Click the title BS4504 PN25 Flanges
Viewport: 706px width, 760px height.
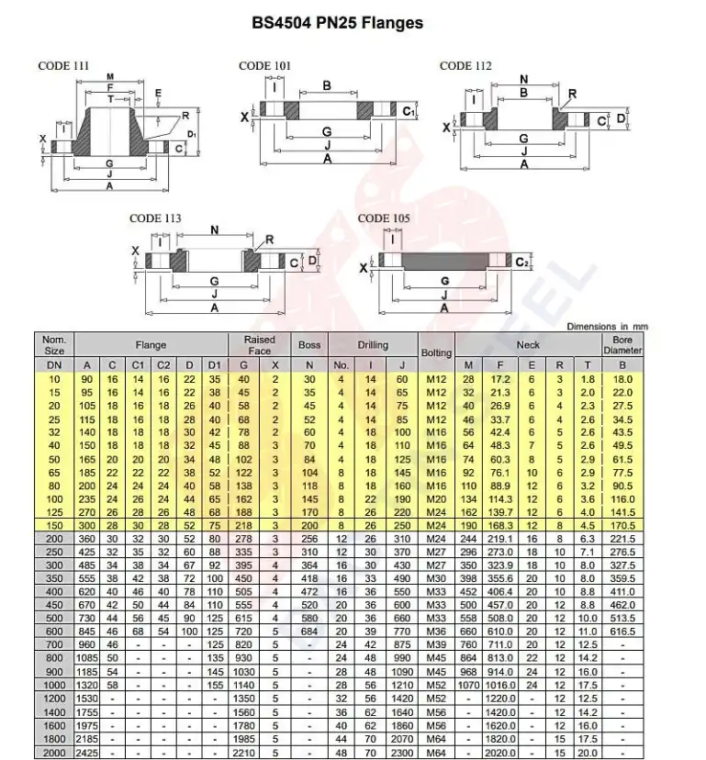pyautogui.click(x=338, y=21)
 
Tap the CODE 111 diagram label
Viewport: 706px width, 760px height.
pyautogui.click(x=63, y=65)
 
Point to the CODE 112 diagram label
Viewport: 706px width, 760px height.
pyautogui.click(x=465, y=65)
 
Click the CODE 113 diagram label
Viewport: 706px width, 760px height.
pyautogui.click(x=155, y=218)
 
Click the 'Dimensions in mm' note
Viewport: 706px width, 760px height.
pyautogui.click(x=607, y=326)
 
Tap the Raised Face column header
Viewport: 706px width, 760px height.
pyautogui.click(x=259, y=345)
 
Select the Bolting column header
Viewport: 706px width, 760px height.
pyautogui.click(x=436, y=352)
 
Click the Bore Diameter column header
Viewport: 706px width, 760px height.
pyautogui.click(x=623, y=345)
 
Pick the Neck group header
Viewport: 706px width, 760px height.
pyautogui.click(x=528, y=345)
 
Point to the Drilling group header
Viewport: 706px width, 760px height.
pyautogui.click(x=373, y=345)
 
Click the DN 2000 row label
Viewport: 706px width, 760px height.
pyautogui.click(x=53, y=753)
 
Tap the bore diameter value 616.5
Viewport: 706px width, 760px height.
pyautogui.click(x=623, y=633)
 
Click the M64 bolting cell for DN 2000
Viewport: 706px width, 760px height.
pyautogui.click(x=436, y=753)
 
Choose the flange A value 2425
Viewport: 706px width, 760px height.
pyautogui.click(x=87, y=753)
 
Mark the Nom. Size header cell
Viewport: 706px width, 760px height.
pyautogui.click(x=53, y=345)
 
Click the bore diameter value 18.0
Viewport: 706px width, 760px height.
pyautogui.click(x=623, y=380)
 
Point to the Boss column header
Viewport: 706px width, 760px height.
pyautogui.click(x=309, y=345)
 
